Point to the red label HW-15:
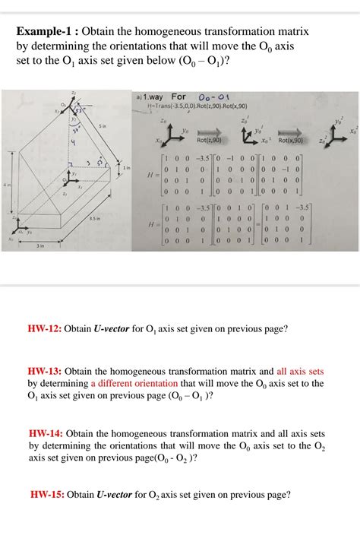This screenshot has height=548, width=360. [47, 495]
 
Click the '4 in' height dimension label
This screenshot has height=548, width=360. [6, 185]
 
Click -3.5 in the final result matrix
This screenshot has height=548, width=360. [323, 206]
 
